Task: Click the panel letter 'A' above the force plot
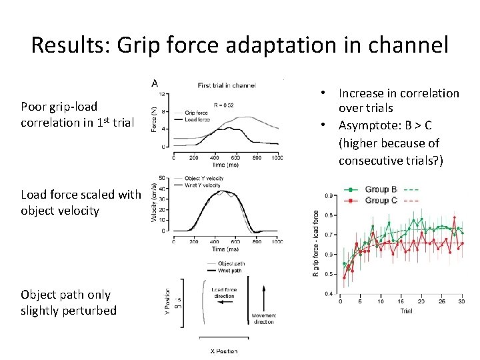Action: [x=155, y=83]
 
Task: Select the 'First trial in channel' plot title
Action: [x=226, y=85]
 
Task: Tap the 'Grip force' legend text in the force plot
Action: [x=197, y=113]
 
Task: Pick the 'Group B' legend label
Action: [x=381, y=189]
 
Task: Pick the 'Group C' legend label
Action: [x=381, y=199]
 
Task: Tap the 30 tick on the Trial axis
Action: [x=462, y=301]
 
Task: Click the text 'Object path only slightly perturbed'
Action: [x=69, y=303]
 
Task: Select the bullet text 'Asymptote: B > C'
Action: [x=387, y=125]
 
